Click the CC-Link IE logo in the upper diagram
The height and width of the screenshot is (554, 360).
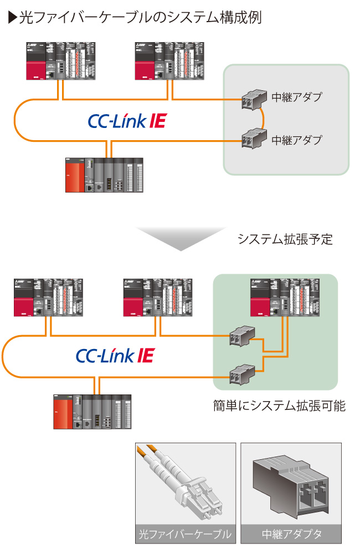[127, 121]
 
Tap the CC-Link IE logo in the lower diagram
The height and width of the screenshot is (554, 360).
[115, 356]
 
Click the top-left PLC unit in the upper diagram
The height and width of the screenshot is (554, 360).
[62, 60]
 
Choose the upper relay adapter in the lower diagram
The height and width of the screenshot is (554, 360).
[243, 335]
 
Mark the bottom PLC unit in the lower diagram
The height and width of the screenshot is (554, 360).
[92, 412]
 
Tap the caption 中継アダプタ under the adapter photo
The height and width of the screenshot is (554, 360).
[291, 535]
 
